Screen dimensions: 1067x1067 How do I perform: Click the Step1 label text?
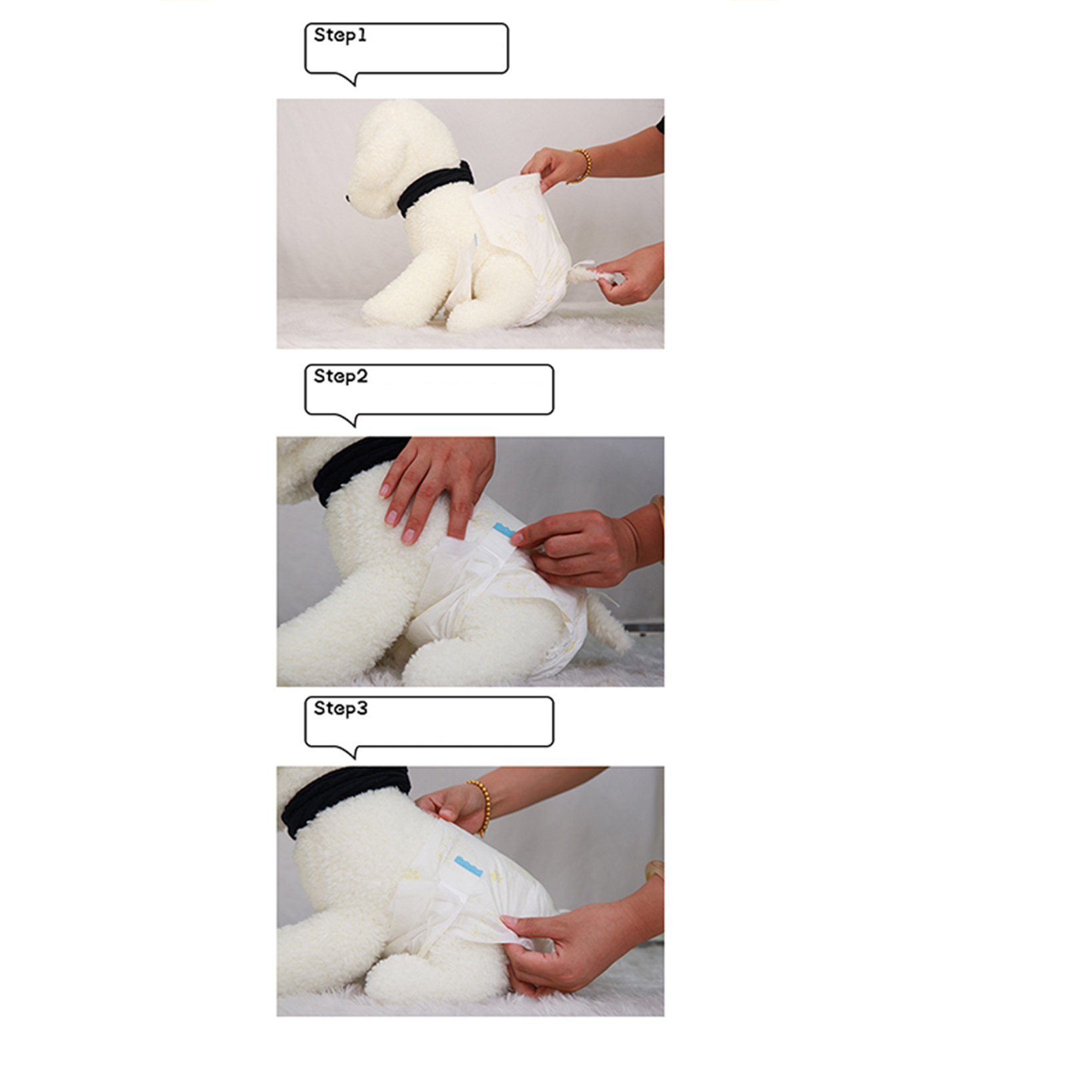click(x=340, y=35)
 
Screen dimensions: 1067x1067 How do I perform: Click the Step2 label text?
click(x=341, y=377)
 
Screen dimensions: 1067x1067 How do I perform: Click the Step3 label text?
click(x=341, y=708)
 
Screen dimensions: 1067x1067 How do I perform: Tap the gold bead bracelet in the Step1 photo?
click(x=584, y=166)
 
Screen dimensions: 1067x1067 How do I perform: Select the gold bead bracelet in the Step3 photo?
click(x=481, y=806)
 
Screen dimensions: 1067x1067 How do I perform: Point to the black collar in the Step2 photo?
click(x=353, y=467)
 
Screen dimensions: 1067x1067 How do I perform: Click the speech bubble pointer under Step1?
click(x=353, y=79)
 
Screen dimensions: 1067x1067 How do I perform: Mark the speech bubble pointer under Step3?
click(x=353, y=752)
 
